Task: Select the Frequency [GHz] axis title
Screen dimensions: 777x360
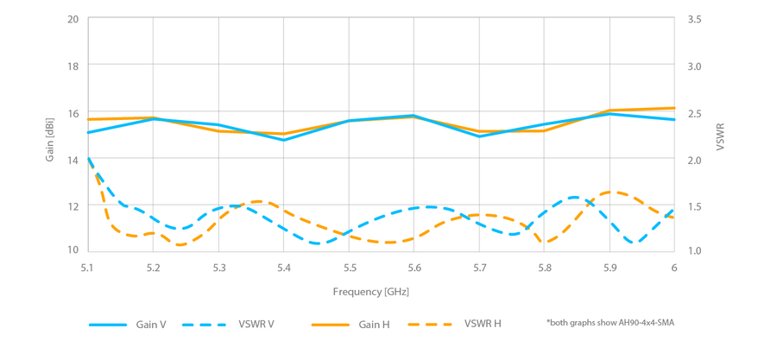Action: pyautogui.click(x=371, y=292)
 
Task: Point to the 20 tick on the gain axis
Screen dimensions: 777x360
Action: pyautogui.click(x=73, y=19)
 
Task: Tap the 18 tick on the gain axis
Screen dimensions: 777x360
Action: pyautogui.click(x=73, y=66)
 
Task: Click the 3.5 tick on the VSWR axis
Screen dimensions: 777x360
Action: pyautogui.click(x=694, y=19)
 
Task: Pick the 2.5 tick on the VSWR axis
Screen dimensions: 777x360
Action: pyautogui.click(x=694, y=113)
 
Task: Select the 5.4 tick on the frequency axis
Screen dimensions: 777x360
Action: pyautogui.click(x=283, y=268)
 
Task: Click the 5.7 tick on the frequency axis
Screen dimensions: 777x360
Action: pyautogui.click(x=479, y=268)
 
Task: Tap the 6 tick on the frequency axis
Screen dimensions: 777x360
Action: pyautogui.click(x=674, y=268)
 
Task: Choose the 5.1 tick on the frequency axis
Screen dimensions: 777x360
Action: pyautogui.click(x=88, y=268)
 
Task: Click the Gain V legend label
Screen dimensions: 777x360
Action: pyautogui.click(x=150, y=325)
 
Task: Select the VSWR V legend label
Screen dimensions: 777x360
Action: pyautogui.click(x=256, y=325)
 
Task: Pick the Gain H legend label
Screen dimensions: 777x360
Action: pyautogui.click(x=374, y=325)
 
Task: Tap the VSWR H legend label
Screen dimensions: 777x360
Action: pyautogui.click(x=483, y=325)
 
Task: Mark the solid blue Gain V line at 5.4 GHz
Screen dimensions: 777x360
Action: pyautogui.click(x=283, y=140)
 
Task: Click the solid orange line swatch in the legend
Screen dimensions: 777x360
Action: pyautogui.click(x=331, y=325)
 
